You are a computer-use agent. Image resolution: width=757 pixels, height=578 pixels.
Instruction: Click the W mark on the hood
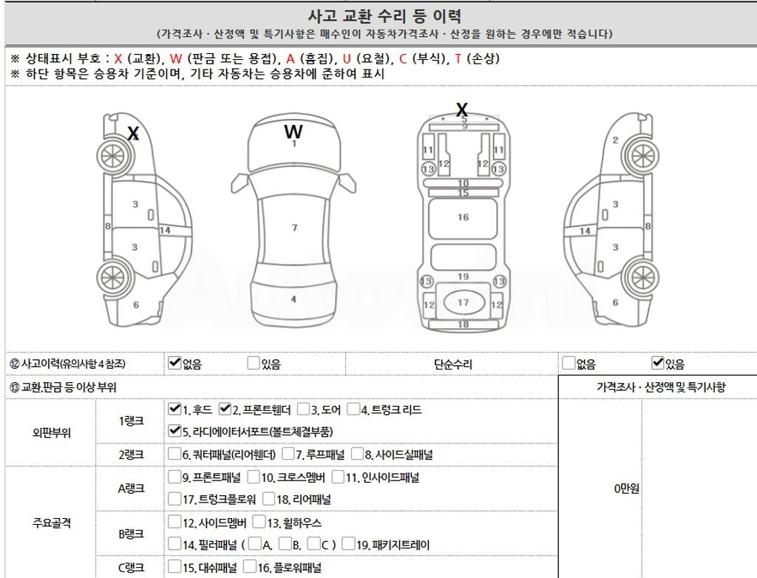point(293,132)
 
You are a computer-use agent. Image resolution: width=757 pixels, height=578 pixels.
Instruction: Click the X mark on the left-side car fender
point(133,133)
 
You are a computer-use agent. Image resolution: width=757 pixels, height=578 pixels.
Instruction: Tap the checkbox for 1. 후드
point(174,409)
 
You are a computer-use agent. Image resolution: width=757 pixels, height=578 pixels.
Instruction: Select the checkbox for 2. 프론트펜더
point(225,409)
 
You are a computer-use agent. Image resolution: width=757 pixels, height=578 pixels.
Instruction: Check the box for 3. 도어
point(303,409)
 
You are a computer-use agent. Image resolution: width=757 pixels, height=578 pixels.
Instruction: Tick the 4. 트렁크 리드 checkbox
point(353,409)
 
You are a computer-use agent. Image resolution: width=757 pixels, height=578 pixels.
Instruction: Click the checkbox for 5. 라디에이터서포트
point(174,431)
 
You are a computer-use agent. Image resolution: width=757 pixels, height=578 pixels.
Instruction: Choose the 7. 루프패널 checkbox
point(288,454)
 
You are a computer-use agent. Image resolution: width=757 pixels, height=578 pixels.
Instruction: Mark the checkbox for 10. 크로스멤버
point(254,477)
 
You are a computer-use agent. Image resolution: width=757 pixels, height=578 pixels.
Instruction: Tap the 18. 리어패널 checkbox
point(268,499)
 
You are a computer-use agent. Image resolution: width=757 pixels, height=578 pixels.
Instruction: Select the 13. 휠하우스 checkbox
point(259,522)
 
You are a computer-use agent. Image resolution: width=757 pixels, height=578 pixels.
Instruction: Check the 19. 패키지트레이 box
point(348,544)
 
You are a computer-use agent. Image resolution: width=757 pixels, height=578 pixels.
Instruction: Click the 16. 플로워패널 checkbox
point(250,567)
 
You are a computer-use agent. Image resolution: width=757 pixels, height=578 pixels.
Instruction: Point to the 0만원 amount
point(626,489)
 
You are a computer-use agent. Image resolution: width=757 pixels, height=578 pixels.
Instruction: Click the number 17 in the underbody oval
point(463,302)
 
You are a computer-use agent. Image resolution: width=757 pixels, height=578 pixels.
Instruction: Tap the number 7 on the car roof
point(294,228)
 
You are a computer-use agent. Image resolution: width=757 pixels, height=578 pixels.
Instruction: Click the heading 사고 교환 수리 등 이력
point(384,16)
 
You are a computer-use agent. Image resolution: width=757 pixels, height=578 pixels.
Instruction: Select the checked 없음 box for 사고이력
point(174,363)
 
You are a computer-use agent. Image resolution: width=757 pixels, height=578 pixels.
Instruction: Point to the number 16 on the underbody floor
point(463,217)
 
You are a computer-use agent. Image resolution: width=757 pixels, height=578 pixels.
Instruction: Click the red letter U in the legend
point(347,59)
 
